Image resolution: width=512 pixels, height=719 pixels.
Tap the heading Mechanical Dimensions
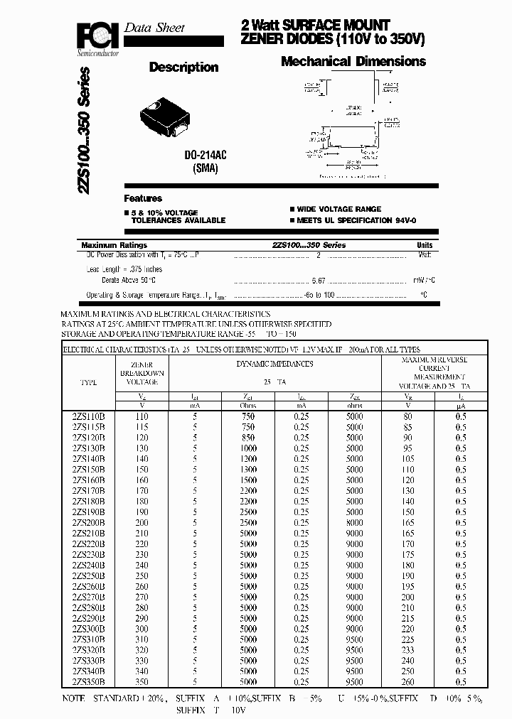353,62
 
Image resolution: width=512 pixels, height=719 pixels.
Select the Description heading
183,67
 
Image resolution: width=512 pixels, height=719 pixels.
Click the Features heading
143,198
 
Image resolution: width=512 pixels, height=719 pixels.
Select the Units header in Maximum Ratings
424,245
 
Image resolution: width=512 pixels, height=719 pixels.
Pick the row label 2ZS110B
89,417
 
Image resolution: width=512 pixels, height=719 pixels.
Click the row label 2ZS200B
89,522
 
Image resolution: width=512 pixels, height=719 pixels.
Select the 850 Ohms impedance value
247,438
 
